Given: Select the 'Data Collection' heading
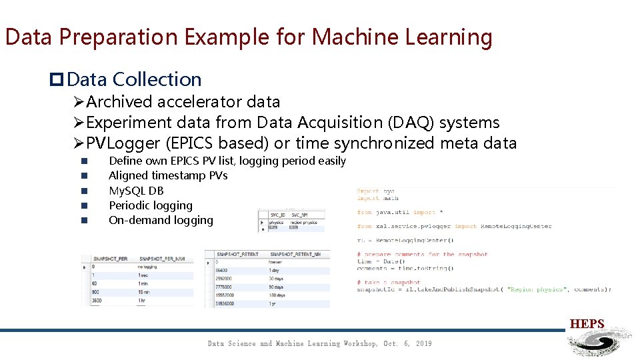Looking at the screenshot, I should (134, 79).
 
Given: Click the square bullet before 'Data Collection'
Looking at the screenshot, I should (57, 80).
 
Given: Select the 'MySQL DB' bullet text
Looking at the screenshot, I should (136, 191).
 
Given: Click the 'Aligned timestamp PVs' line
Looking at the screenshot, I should (168, 175).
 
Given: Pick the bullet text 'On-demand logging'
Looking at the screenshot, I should (161, 220).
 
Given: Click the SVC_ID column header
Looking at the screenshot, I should (278, 215).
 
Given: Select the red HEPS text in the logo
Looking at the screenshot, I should (587, 325).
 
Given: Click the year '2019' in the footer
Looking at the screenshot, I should (423, 344).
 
